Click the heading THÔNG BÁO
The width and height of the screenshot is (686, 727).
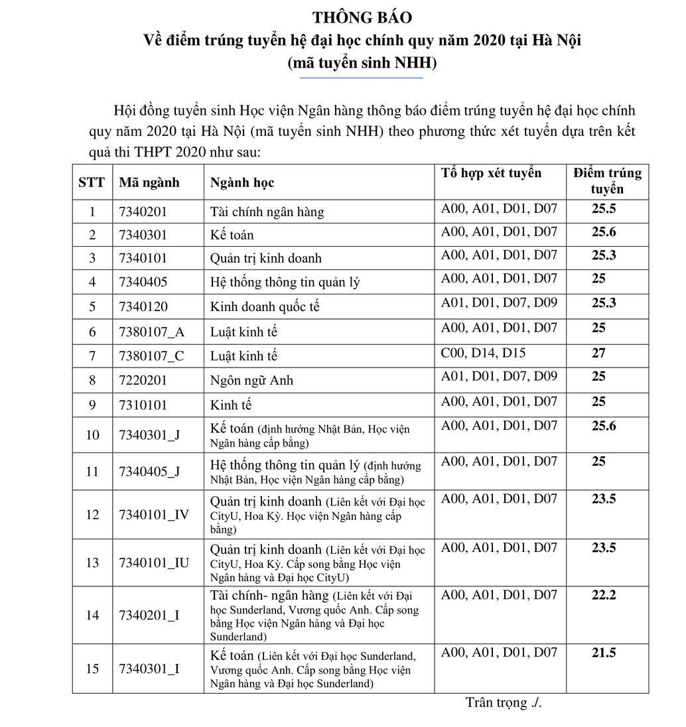click(362, 17)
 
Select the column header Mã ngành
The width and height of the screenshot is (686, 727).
click(149, 182)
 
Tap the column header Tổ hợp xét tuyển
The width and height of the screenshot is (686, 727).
click(491, 174)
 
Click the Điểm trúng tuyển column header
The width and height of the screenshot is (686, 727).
click(607, 180)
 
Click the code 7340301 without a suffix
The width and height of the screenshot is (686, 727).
click(143, 235)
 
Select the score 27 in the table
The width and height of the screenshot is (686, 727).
click(598, 353)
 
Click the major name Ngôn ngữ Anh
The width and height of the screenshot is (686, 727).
click(251, 381)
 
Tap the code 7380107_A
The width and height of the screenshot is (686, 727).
click(151, 332)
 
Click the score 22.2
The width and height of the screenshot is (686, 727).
click(604, 595)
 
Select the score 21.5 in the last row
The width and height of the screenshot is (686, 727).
click(604, 653)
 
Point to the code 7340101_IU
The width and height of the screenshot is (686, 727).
click(154, 563)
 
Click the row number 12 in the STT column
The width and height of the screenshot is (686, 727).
click(92, 515)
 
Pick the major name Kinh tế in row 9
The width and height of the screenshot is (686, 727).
click(231, 405)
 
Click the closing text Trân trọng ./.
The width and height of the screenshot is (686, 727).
click(504, 703)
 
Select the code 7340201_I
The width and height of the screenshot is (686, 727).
click(149, 616)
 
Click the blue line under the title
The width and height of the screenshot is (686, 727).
click(362, 78)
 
